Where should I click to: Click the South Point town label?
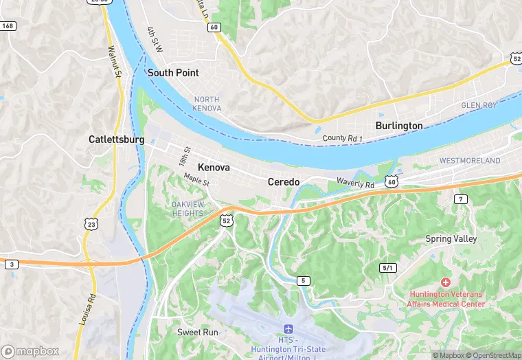(x=172, y=73)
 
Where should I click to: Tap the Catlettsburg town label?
(x=116, y=139)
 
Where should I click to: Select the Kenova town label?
(x=214, y=168)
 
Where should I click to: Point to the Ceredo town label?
(x=283, y=181)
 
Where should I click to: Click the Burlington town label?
(x=399, y=126)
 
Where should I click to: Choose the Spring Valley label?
(x=451, y=239)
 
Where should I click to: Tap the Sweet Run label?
(x=197, y=333)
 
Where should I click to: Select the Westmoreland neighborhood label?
(x=470, y=161)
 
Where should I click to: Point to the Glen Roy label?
(x=479, y=105)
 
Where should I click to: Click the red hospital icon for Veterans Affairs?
(x=445, y=282)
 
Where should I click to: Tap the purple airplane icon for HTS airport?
(x=288, y=330)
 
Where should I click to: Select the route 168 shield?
(x=8, y=26)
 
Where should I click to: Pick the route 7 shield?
(x=460, y=199)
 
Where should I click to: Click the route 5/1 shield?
(x=388, y=267)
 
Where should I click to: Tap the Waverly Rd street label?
(x=355, y=184)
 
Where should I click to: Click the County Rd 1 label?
(x=342, y=139)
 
